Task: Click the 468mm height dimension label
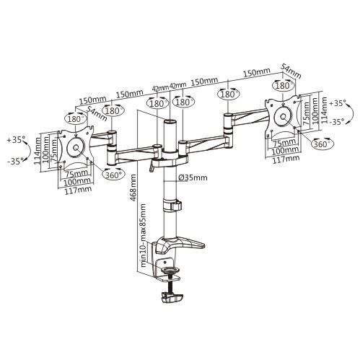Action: click(x=133, y=188)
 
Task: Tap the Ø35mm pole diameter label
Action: click(x=193, y=177)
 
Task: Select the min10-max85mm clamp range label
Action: click(x=144, y=235)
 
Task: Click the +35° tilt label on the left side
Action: click(x=16, y=139)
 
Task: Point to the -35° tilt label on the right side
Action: click(x=337, y=122)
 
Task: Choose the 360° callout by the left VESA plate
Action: click(x=113, y=175)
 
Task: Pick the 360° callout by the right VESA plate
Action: click(x=322, y=144)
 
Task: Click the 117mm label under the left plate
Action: click(x=78, y=190)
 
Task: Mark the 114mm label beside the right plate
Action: click(x=324, y=110)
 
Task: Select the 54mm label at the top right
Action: click(x=291, y=71)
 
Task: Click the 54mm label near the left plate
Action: click(x=97, y=113)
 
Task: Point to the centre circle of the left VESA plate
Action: click(x=76, y=148)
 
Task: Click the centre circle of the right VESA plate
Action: click(x=284, y=117)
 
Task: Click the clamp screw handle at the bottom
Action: click(x=172, y=297)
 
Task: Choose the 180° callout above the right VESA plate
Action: click(x=284, y=86)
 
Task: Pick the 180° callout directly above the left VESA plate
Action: click(x=75, y=119)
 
